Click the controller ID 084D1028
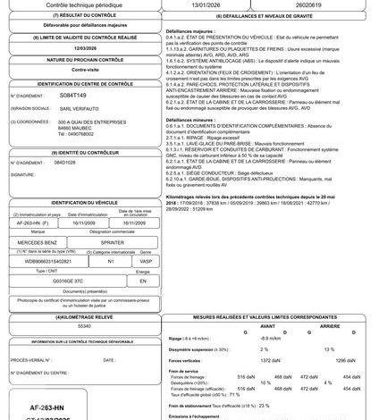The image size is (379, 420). tap(66, 164)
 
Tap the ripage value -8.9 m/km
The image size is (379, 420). tap(269, 338)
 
